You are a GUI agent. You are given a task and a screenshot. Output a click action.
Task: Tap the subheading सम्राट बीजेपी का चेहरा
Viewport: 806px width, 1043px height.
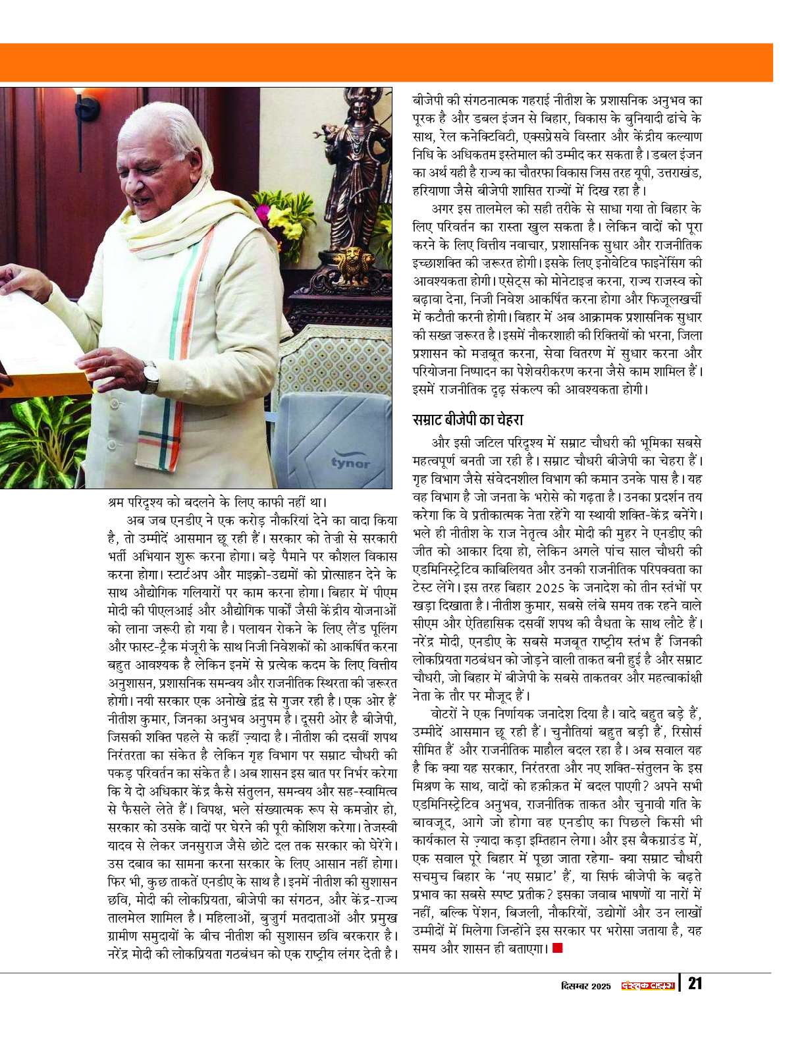click(x=467, y=419)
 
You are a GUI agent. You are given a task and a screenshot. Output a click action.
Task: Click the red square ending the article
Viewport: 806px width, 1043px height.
click(x=558, y=948)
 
